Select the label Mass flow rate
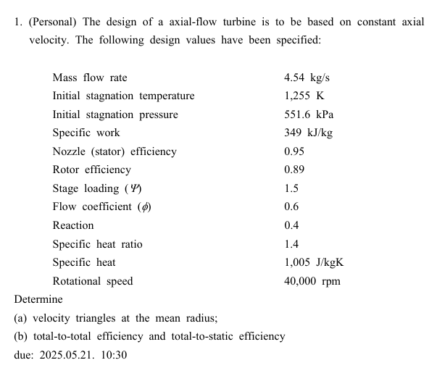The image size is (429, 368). click(90, 78)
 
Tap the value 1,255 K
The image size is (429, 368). click(304, 96)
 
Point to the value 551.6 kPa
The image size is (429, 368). click(309, 114)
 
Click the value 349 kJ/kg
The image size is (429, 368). click(309, 133)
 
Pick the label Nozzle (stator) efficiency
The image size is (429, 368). click(114, 151)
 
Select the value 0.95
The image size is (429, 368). click(294, 151)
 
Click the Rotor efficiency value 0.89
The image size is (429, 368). click(294, 170)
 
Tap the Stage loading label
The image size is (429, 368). click(97, 188)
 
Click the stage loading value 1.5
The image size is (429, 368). click(291, 188)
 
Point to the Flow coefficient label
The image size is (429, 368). click(102, 206)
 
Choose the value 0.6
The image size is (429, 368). click(291, 206)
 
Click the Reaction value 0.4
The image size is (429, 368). click(291, 225)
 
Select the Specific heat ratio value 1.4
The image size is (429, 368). click(291, 244)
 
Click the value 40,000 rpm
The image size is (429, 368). click(312, 281)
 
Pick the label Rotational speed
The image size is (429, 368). click(93, 281)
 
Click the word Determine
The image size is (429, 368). click(38, 299)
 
